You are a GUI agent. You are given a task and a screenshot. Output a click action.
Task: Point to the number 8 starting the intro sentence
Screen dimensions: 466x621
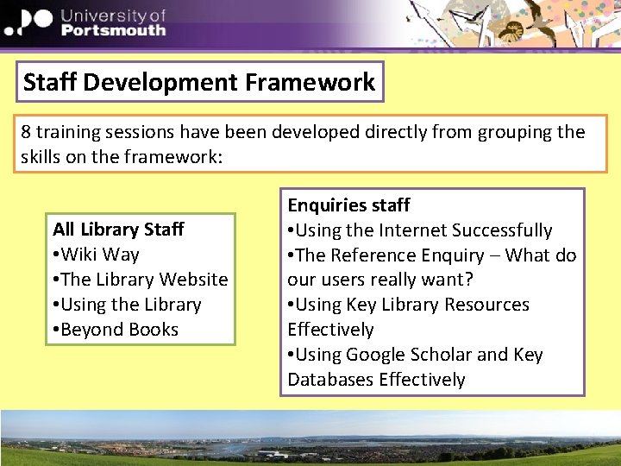click(x=27, y=132)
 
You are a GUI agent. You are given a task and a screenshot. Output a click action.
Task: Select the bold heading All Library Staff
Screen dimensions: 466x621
click(x=118, y=229)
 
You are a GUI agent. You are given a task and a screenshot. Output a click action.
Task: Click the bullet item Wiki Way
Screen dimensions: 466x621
click(x=100, y=254)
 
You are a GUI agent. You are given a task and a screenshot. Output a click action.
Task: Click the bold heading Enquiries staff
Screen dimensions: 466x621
click(x=348, y=205)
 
